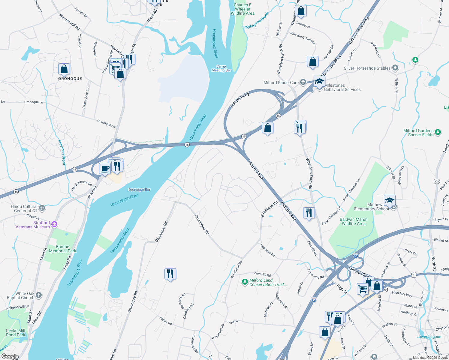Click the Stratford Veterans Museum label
point(33,225)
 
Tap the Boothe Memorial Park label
point(62,249)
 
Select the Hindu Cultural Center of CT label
point(24,208)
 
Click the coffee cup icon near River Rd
point(105,168)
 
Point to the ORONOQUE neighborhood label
point(70,79)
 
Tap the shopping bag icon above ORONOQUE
point(64,69)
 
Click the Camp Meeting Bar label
point(221,68)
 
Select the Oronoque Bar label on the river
point(139,190)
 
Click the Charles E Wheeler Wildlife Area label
point(243,9)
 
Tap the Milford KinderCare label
point(281,82)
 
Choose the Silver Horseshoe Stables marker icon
point(395,68)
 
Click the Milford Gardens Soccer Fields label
point(418,133)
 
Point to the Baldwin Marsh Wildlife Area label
point(354,221)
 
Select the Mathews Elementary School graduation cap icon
point(389,200)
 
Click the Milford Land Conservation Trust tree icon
point(245,282)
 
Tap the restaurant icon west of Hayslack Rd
point(170,274)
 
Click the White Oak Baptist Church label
point(21,295)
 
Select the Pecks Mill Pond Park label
point(16,333)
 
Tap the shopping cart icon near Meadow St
point(363,289)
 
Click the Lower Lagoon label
point(429,337)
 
